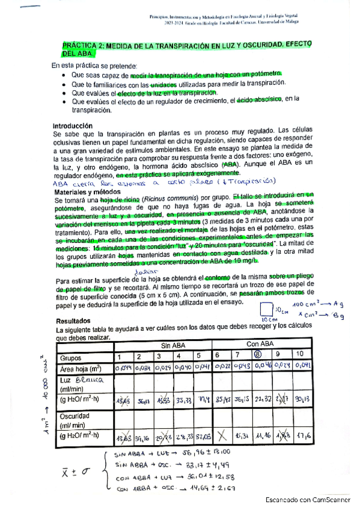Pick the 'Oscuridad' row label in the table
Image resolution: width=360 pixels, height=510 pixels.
pos(73,417)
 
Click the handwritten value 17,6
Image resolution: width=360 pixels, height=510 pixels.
pos(303,435)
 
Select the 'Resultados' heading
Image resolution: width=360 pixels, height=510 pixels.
pos(71,322)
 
